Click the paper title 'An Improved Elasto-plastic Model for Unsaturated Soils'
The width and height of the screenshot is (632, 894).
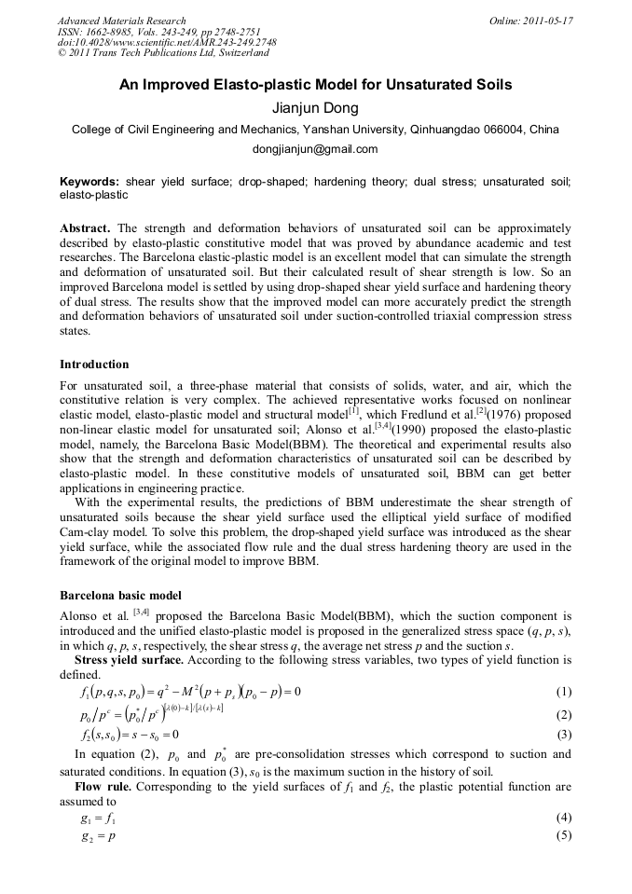tap(315, 85)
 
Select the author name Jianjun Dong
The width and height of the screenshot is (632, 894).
tap(315, 107)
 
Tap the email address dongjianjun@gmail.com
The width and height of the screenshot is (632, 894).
tap(315, 148)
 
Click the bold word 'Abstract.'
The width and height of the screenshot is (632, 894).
tap(86, 227)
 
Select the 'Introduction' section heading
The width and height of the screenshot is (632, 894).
tap(94, 364)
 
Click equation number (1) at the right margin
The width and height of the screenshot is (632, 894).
tap(563, 692)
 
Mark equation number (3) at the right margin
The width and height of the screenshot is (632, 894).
tap(563, 735)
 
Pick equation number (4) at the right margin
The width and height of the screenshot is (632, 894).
tap(563, 818)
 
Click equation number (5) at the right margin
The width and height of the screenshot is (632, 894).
tap(563, 836)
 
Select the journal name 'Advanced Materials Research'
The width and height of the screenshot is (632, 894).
tap(121, 21)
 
